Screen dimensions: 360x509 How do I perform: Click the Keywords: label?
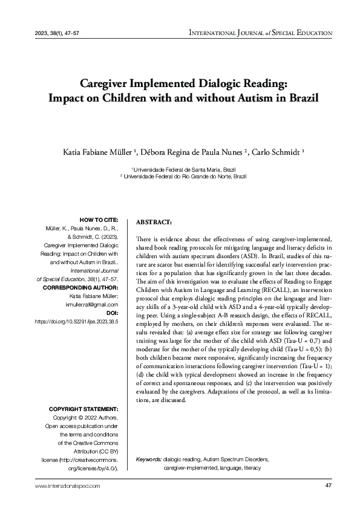[149, 459]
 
